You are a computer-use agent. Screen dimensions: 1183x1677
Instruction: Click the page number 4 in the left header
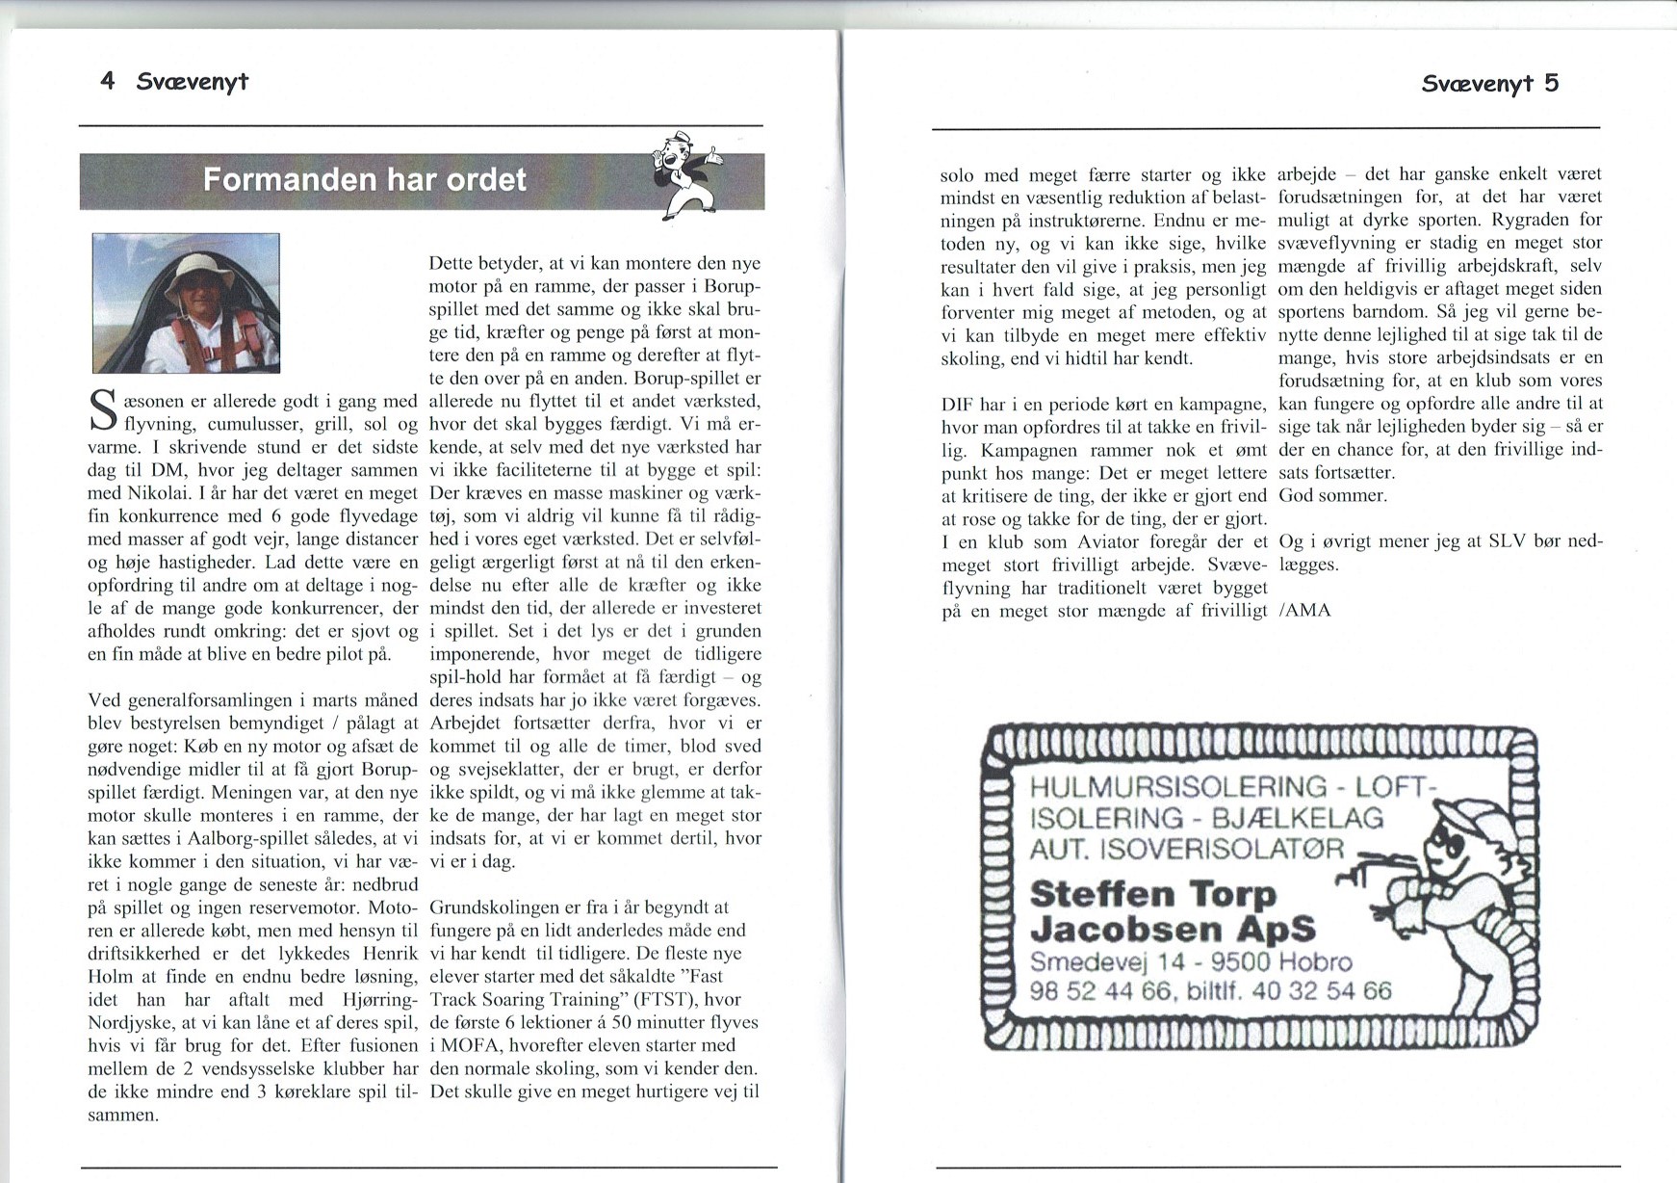pyautogui.click(x=108, y=81)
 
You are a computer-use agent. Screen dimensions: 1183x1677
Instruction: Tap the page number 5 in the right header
pyautogui.click(x=1551, y=83)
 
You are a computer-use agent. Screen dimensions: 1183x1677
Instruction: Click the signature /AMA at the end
pyautogui.click(x=1304, y=611)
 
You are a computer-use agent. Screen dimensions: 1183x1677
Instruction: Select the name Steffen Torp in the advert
pyautogui.click(x=1152, y=894)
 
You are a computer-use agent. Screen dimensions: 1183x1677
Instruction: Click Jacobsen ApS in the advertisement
pyautogui.click(x=1172, y=929)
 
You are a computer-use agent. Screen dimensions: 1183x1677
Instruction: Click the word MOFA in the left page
pyautogui.click(x=472, y=1045)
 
